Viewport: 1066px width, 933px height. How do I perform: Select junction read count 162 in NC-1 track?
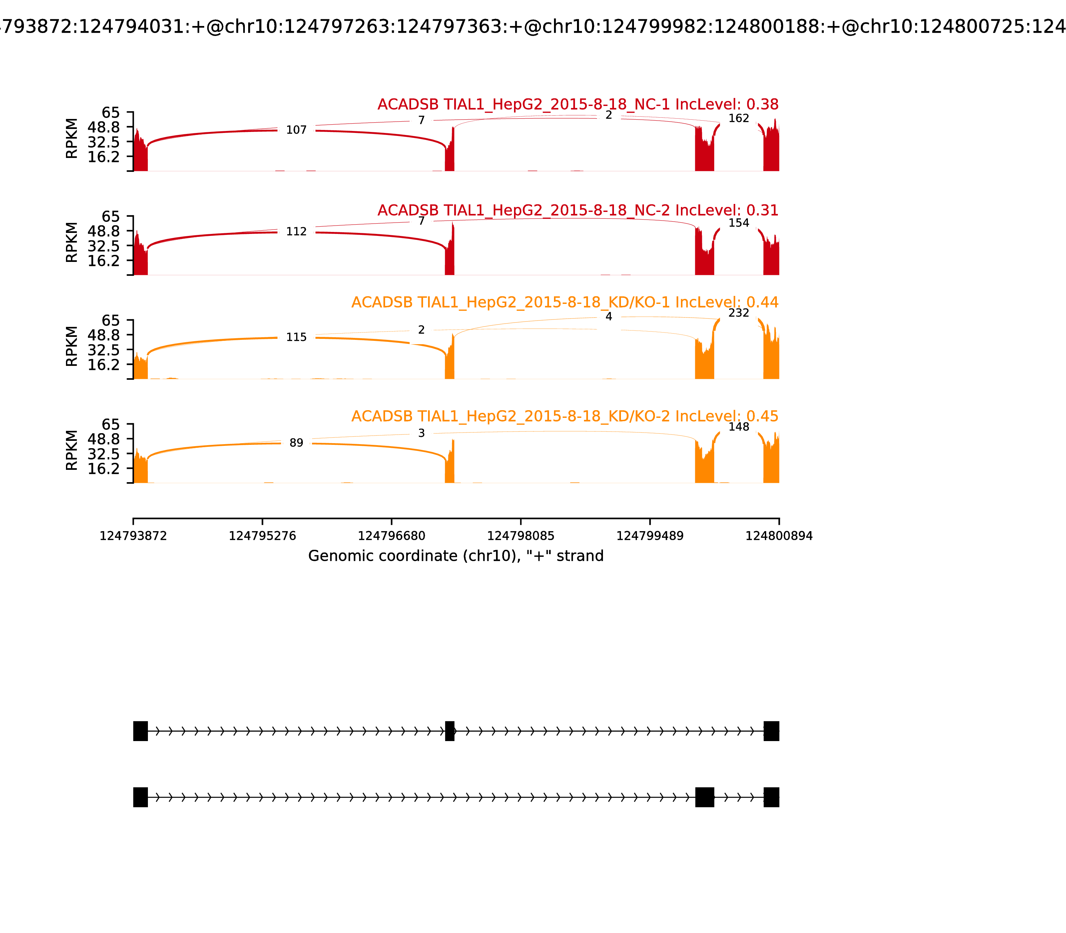(x=738, y=119)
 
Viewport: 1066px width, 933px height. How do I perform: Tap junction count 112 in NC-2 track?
(x=296, y=232)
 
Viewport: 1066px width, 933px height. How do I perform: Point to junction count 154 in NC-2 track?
(x=738, y=223)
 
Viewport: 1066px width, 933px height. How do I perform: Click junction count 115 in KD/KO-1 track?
(x=296, y=337)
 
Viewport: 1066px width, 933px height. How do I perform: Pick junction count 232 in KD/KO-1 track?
(x=738, y=313)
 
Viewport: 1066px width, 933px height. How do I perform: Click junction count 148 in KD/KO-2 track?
(x=738, y=427)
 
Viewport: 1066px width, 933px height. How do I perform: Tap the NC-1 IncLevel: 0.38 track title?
(x=578, y=105)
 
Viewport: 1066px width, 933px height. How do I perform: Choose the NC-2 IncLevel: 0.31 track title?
(x=578, y=210)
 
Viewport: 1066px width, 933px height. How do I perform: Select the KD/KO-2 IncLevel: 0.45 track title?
(x=565, y=417)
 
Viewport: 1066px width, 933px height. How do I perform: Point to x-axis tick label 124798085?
(x=520, y=536)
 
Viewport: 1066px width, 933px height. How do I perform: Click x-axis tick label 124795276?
(x=263, y=536)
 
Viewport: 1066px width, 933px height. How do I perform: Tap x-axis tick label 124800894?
(x=779, y=536)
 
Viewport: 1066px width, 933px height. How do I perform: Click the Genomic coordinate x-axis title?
(x=456, y=556)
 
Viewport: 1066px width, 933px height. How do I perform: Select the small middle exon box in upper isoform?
(x=450, y=731)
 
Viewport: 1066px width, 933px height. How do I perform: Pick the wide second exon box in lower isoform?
(x=704, y=797)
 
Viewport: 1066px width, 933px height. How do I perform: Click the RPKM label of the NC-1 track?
(x=72, y=139)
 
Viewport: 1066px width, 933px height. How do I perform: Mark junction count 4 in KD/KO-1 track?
(x=609, y=317)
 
